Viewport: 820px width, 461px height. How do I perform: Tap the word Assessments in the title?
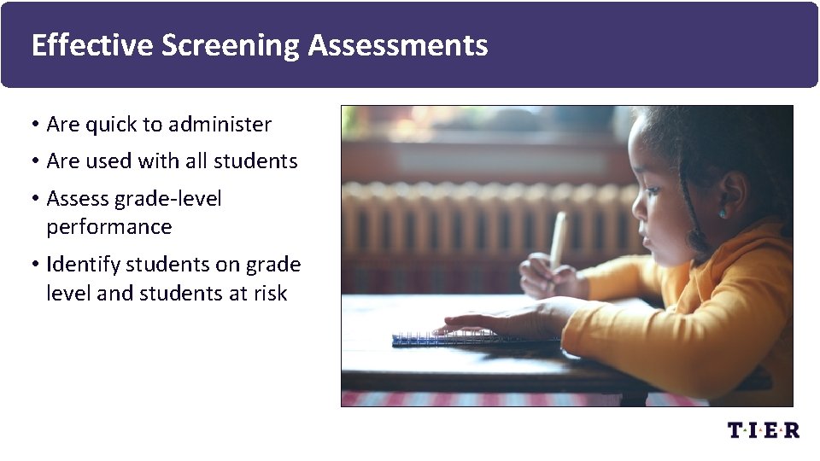tap(398, 45)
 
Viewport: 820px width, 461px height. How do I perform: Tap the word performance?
tap(108, 227)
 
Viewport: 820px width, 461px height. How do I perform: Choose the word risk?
tap(270, 294)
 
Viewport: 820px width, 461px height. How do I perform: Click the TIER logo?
tap(763, 429)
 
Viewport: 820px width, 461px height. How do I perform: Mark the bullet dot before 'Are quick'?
tap(34, 125)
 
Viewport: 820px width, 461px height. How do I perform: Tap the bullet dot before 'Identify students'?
tap(34, 266)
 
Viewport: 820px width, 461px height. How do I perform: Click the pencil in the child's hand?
tap(558, 239)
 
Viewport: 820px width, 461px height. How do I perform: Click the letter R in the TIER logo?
tap(791, 429)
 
